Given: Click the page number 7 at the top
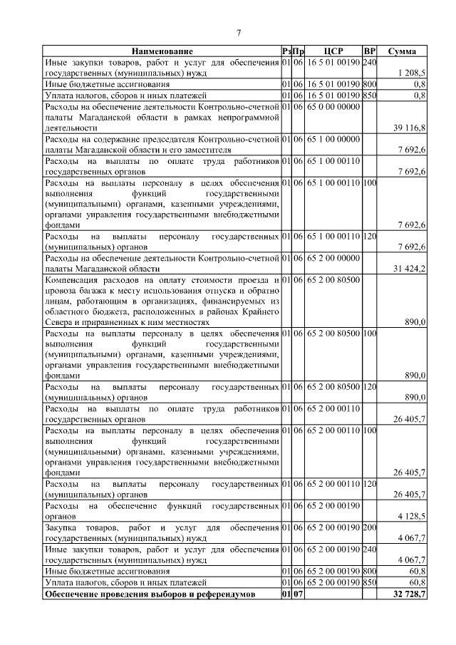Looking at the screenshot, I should pyautogui.click(x=239, y=32).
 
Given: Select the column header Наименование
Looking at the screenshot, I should pyautogui.click(x=161, y=51).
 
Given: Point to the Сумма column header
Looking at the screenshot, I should pyautogui.click(x=402, y=51).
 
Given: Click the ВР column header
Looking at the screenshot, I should pyautogui.click(x=369, y=51).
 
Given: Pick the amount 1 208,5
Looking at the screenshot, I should pyautogui.click(x=412, y=73).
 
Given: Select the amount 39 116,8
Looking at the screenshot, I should pyautogui.click(x=409, y=128).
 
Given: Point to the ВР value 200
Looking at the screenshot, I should pyautogui.click(x=369, y=527).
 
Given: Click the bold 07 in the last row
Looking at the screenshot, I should pyautogui.click(x=299, y=594).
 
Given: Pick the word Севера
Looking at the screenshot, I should pyautogui.click(x=59, y=322).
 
